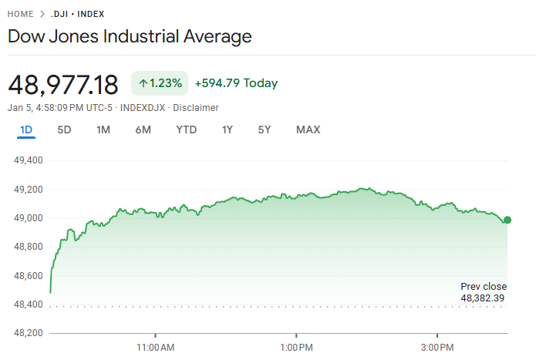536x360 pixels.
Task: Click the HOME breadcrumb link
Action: coord(21,14)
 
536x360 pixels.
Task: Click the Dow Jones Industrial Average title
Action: coord(130,36)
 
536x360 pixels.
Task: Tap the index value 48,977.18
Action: coord(63,84)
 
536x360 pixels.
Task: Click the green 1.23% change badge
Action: coord(160,83)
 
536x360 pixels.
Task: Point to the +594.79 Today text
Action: coord(236,83)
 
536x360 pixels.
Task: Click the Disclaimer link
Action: coord(196,108)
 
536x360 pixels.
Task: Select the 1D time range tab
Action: coord(26,130)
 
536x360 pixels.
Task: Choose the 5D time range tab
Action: coord(64,130)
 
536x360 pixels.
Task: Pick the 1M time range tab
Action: coord(103,130)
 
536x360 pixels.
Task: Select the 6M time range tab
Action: coord(143,130)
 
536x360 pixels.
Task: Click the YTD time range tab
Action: coord(187,130)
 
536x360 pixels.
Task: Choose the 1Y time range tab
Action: coord(227,130)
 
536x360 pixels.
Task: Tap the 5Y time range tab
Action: coord(265,130)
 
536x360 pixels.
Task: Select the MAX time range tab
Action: coord(308,130)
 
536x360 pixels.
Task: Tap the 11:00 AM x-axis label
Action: coord(156,348)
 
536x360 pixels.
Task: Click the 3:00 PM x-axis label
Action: coord(437,348)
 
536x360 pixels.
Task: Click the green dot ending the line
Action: coord(507,220)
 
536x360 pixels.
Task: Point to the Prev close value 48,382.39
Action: coord(483,298)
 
